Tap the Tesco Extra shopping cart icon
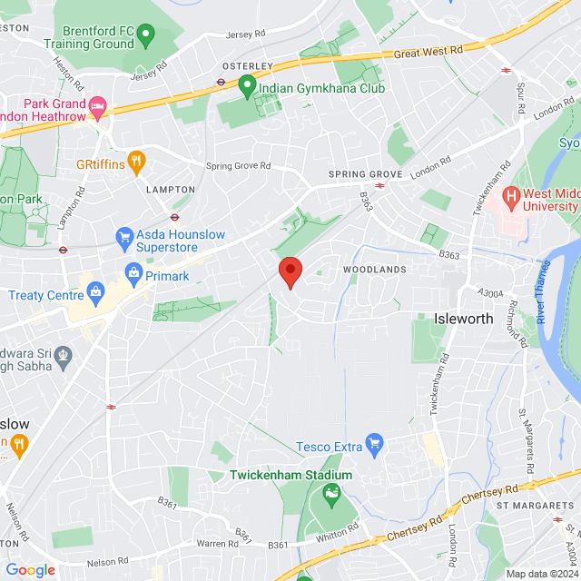(372, 444)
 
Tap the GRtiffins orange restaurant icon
(136, 162)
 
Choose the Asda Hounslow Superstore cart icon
(124, 238)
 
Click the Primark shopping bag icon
(134, 272)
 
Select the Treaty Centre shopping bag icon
(94, 293)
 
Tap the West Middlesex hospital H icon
(512, 195)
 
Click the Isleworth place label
(464, 320)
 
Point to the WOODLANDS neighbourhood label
(374, 270)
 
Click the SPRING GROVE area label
(366, 174)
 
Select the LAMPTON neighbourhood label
(171, 190)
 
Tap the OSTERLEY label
(248, 65)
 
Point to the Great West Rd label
(429, 54)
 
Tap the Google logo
(30, 570)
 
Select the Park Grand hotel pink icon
(98, 106)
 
